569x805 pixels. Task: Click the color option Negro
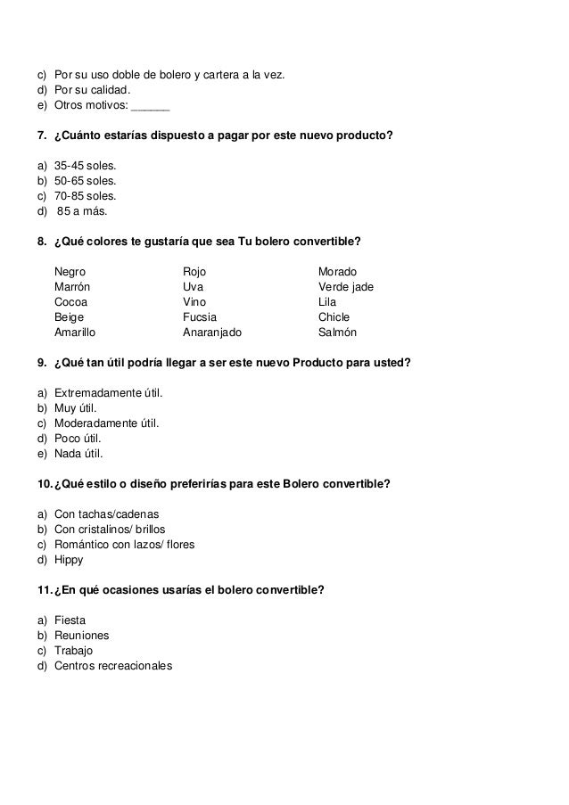click(x=70, y=272)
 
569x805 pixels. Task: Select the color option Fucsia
click(x=200, y=317)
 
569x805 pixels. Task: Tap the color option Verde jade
click(x=346, y=287)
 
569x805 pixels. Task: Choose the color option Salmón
click(x=337, y=333)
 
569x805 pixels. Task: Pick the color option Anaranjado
click(x=212, y=333)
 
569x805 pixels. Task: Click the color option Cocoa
click(x=71, y=302)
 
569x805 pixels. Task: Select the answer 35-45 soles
click(x=85, y=166)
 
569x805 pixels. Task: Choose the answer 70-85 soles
click(x=85, y=196)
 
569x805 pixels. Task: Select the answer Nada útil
click(x=78, y=454)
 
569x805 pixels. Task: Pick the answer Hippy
click(x=69, y=560)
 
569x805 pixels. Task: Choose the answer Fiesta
click(x=70, y=620)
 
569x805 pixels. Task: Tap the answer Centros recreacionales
click(x=113, y=666)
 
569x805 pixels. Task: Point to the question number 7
click(x=41, y=136)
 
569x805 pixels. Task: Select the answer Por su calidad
click(x=91, y=90)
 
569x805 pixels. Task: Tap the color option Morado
click(x=337, y=272)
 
